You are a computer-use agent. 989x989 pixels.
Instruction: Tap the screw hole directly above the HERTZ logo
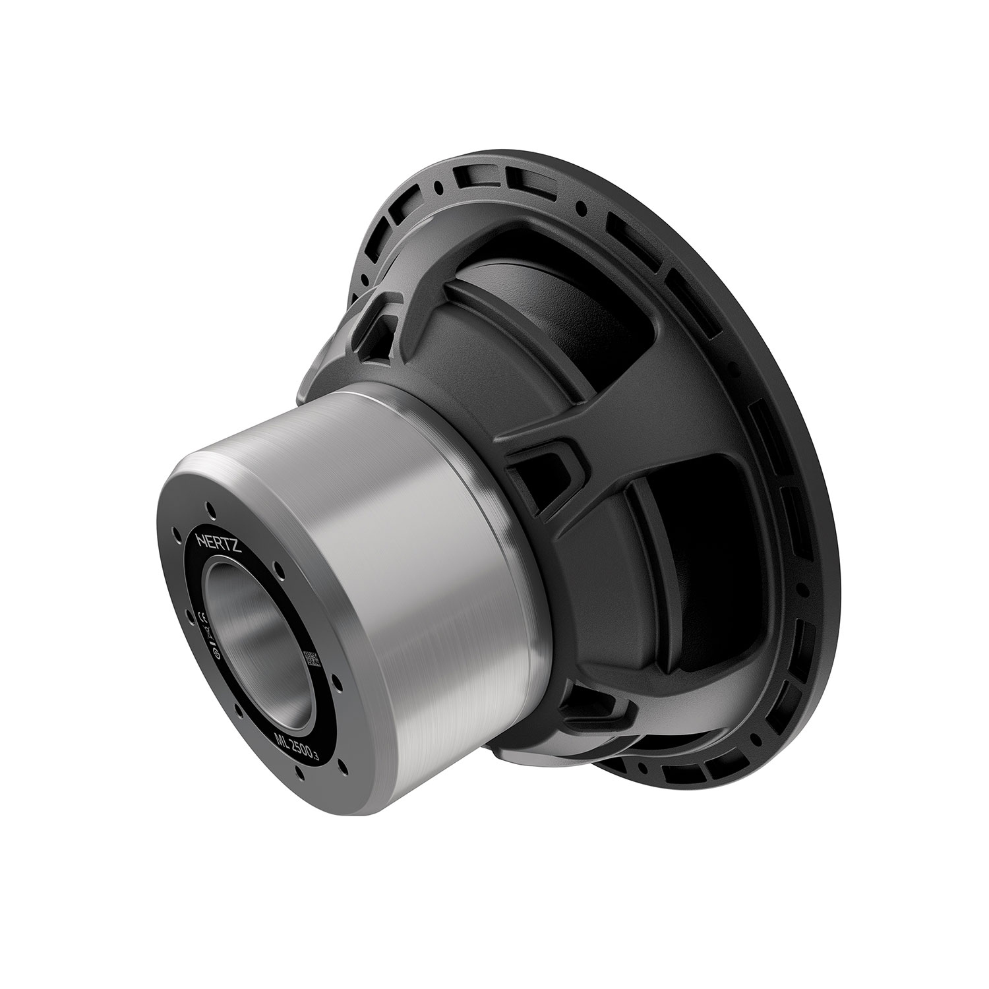pos(210,507)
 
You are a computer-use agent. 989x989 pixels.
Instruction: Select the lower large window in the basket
pos(659,593)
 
